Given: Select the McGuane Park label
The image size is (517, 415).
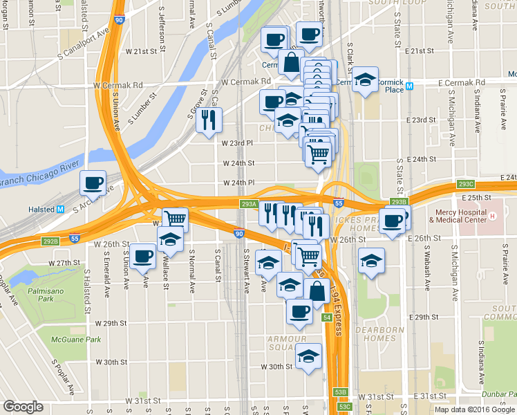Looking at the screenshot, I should tap(79, 340).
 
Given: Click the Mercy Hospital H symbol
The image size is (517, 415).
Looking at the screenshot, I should tap(493, 216).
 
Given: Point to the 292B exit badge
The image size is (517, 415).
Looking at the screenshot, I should tap(50, 241).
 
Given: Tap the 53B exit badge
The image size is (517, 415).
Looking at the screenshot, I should tap(340, 392).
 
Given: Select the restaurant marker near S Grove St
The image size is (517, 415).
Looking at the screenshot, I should tap(208, 120).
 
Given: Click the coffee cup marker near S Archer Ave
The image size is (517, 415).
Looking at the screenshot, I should tap(93, 183).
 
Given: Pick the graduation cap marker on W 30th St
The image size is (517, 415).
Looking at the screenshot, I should tap(308, 357).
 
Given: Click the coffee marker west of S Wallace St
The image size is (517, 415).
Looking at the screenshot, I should tap(143, 257).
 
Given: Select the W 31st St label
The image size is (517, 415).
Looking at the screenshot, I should tap(142, 400).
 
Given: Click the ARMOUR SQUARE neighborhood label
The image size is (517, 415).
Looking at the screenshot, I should tap(287, 344).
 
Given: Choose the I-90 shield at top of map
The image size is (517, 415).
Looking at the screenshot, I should tap(119, 20).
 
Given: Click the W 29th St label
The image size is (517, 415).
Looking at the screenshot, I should tap(111, 323).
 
